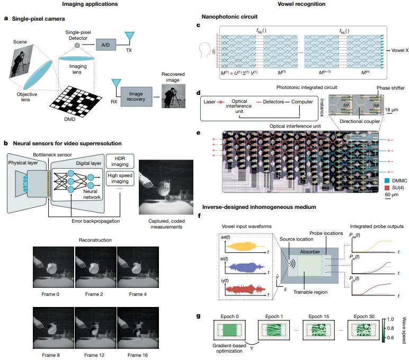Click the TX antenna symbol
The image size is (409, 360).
point(128,36)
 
